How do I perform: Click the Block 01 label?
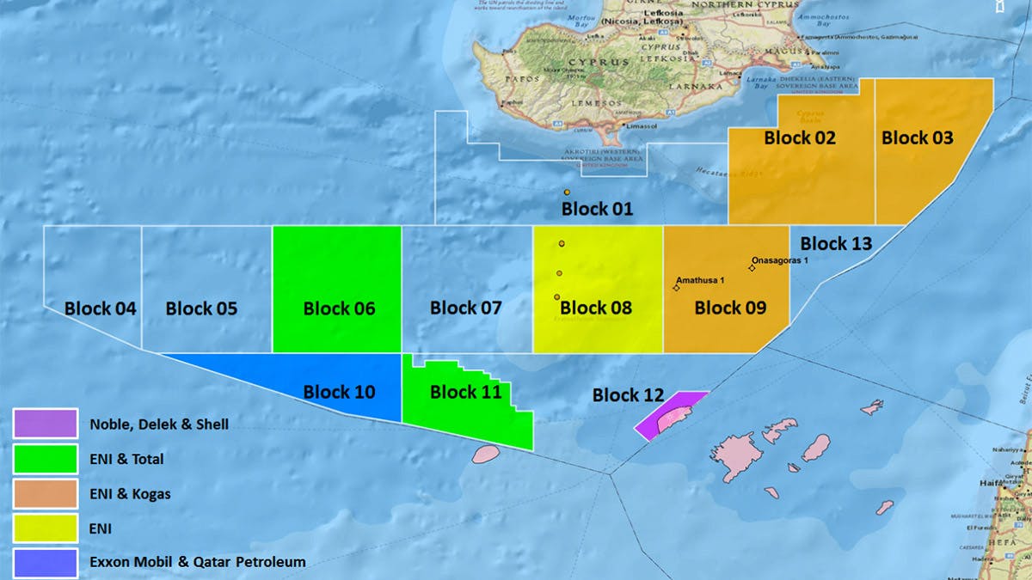click(x=597, y=209)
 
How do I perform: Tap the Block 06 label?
click(x=339, y=308)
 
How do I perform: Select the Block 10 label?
click(x=339, y=393)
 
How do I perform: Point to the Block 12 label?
click(x=628, y=395)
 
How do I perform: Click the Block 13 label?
click(x=836, y=244)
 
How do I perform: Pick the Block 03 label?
click(x=917, y=137)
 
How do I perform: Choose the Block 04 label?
click(x=100, y=308)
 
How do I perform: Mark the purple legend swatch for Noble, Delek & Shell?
click(x=46, y=424)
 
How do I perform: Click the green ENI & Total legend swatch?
click(x=46, y=459)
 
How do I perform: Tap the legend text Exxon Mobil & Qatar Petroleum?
click(x=197, y=563)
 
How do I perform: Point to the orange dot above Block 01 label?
click(x=568, y=192)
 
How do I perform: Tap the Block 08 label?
click(x=596, y=308)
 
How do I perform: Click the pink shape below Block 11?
click(x=486, y=454)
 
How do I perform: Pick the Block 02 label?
click(x=800, y=137)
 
